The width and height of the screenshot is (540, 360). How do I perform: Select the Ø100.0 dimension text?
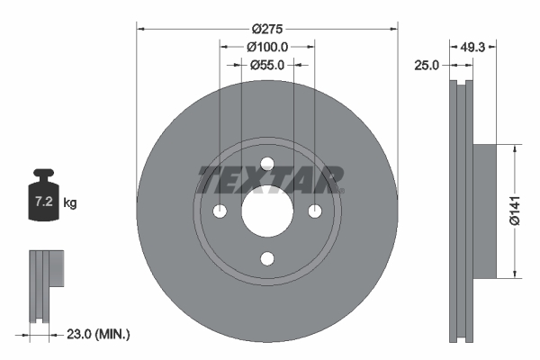point(266,46)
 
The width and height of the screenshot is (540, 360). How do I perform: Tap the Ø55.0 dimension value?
point(267,64)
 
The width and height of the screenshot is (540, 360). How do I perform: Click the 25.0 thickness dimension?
point(426,66)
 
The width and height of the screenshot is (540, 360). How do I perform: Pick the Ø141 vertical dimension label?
point(514,211)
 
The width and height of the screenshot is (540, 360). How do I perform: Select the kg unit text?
point(70,203)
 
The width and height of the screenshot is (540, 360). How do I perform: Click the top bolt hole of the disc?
point(267,163)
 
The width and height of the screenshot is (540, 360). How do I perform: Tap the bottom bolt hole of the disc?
point(267,259)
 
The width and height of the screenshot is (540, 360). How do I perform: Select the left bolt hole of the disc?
point(220,211)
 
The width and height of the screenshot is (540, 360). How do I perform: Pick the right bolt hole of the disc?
point(315,211)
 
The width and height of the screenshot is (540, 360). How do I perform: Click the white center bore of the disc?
point(267,211)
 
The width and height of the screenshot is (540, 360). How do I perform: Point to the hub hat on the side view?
point(483,211)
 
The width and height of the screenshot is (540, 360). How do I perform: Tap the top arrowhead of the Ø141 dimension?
point(514,149)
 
